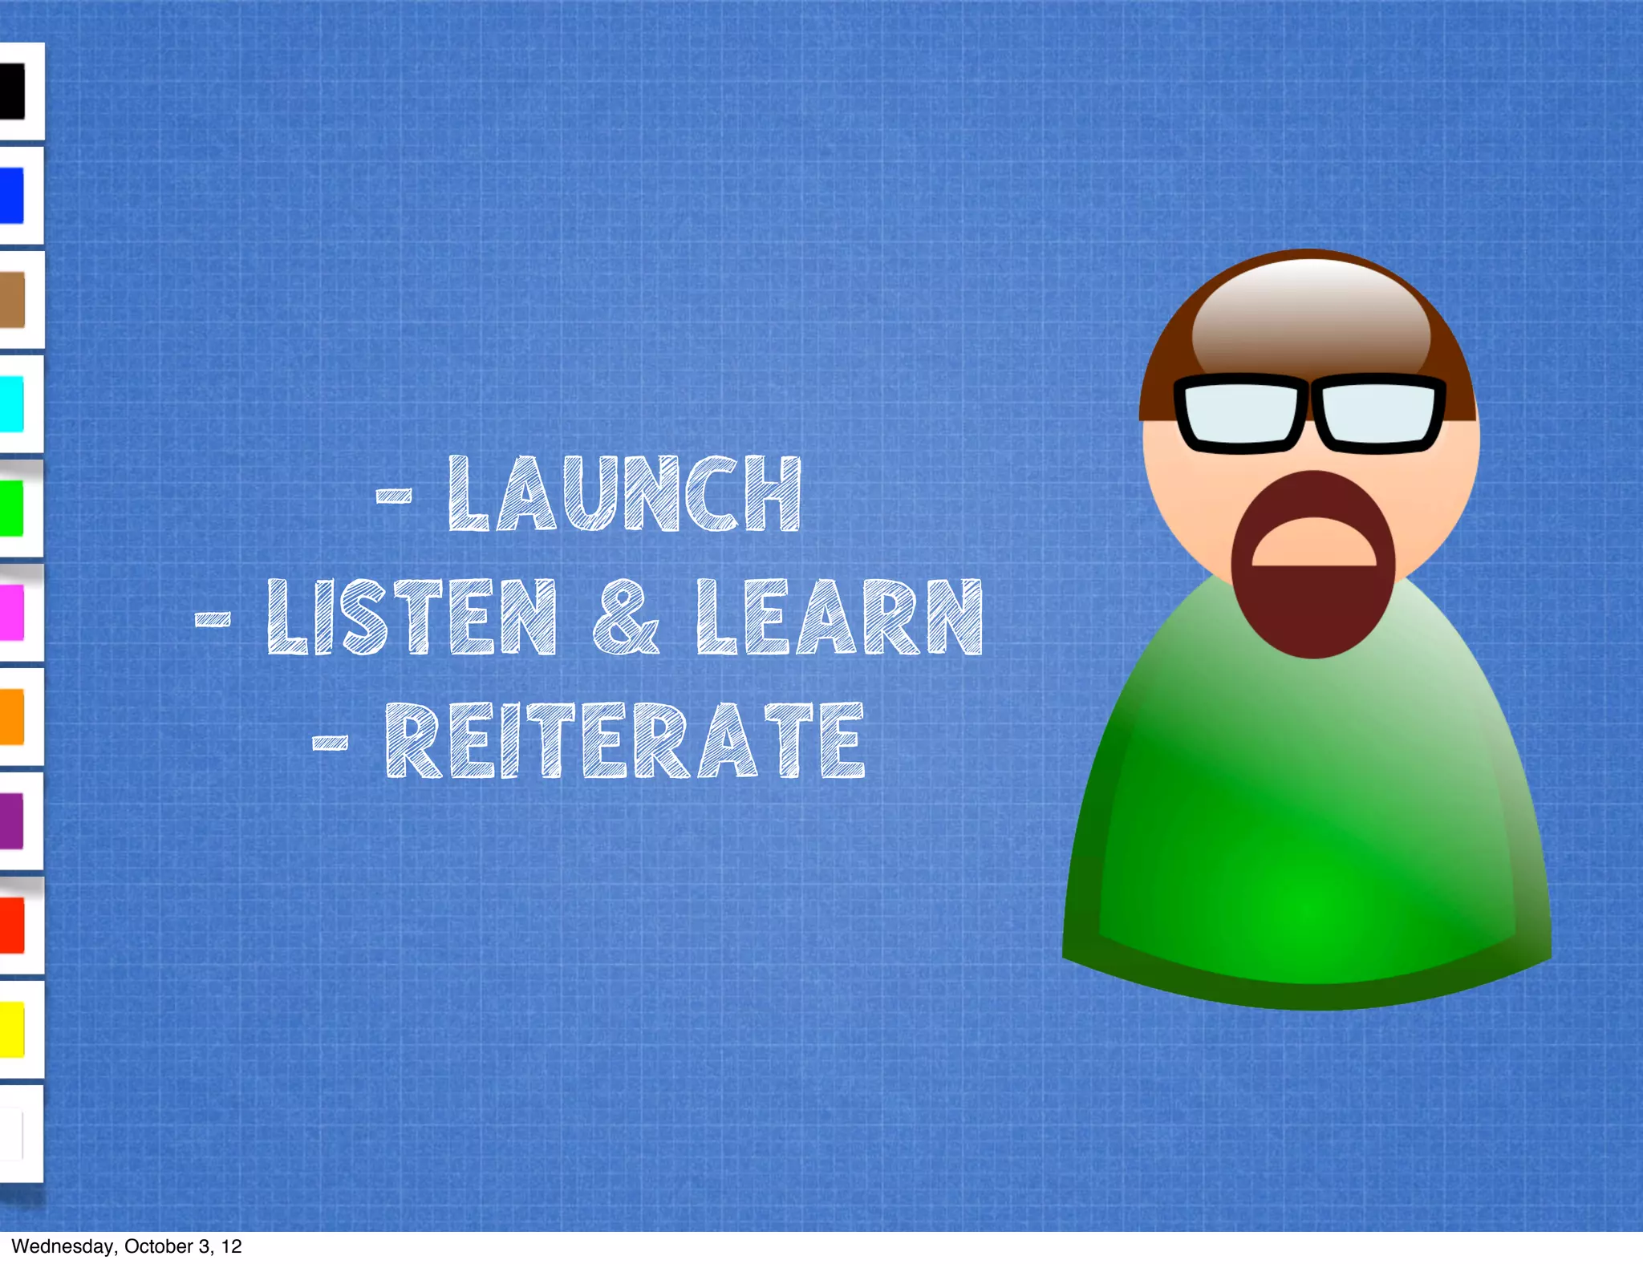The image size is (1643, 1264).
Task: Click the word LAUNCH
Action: pyautogui.click(x=624, y=494)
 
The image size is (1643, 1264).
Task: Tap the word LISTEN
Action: pyautogui.click(x=411, y=617)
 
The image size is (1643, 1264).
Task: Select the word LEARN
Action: pyautogui.click(x=839, y=617)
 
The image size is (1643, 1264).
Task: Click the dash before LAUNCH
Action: pyautogui.click(x=394, y=496)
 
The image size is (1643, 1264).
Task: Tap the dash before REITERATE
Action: pyautogui.click(x=330, y=742)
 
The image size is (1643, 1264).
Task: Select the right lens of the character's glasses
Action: pyautogui.click(x=1377, y=412)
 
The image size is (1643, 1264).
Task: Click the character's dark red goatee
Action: pyautogui.click(x=1312, y=610)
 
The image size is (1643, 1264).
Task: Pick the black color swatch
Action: pyautogui.click(x=12, y=91)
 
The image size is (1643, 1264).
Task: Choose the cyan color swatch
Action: pyautogui.click(x=11, y=404)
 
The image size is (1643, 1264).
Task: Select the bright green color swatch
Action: pyautogui.click(x=11, y=508)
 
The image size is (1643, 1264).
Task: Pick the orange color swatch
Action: pyautogui.click(x=11, y=717)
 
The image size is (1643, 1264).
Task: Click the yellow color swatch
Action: pyautogui.click(x=11, y=1030)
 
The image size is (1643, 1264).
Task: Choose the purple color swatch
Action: pyautogui.click(x=11, y=821)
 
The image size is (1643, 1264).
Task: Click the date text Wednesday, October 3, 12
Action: pyautogui.click(x=126, y=1246)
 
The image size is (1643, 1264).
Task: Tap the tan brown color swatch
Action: pyautogui.click(x=12, y=300)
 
